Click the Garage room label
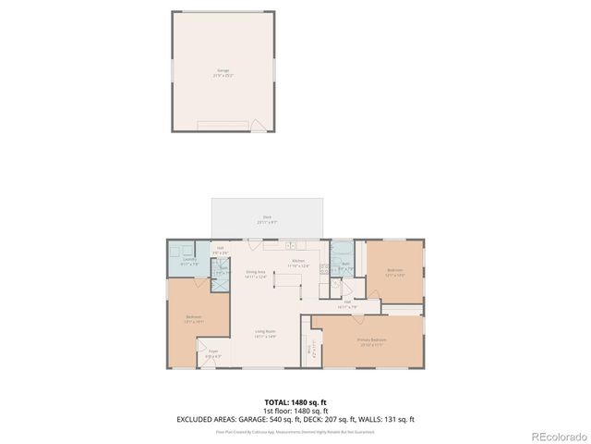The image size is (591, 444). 223,70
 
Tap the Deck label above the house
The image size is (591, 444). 267,220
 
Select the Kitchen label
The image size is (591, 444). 298,263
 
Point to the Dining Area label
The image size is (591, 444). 255,274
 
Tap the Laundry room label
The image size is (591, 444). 188,261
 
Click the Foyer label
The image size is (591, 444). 212,352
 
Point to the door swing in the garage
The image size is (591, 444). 260,124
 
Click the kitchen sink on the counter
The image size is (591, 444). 289,247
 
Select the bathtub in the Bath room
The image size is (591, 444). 342,251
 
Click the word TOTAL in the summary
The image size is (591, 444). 276,402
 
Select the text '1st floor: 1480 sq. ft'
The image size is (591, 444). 295,411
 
